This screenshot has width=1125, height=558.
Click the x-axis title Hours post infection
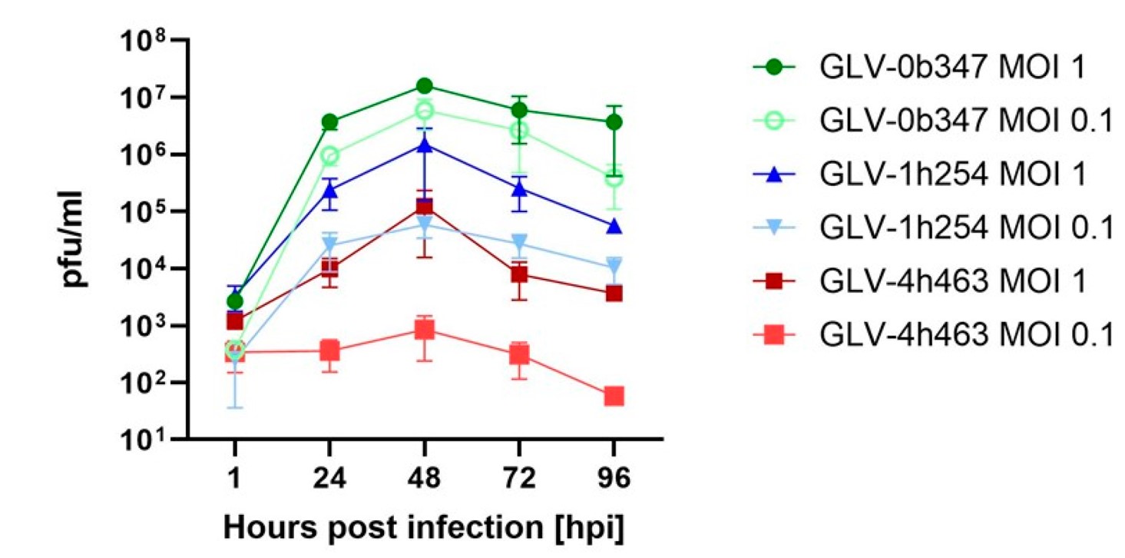point(423,530)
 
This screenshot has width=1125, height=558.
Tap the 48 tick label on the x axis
point(424,480)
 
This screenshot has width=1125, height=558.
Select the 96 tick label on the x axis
point(614,480)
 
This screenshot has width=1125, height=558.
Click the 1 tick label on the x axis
point(234,480)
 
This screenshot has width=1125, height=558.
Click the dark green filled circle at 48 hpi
point(424,85)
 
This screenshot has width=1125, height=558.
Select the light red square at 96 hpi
point(614,397)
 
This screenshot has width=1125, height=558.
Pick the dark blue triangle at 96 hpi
point(614,227)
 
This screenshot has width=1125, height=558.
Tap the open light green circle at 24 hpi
point(329,156)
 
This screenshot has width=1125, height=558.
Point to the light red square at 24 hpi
point(329,350)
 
